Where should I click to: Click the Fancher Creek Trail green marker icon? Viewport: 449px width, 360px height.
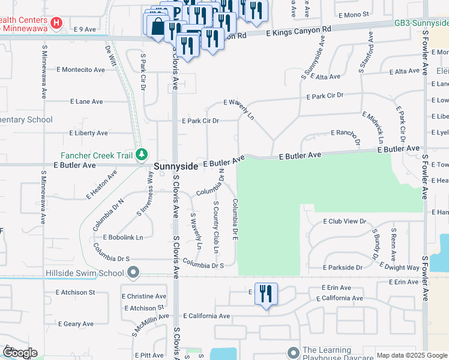point(141,155)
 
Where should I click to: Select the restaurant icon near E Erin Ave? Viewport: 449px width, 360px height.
point(266,294)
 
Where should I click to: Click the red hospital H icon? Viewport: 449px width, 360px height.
point(56,23)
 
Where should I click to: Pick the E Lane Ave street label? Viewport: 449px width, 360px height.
point(86,102)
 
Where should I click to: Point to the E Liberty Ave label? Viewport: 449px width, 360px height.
point(88,133)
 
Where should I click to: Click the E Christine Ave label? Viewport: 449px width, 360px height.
point(144,296)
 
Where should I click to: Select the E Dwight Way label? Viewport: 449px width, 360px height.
point(400,267)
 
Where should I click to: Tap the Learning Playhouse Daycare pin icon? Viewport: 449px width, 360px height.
point(293,352)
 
